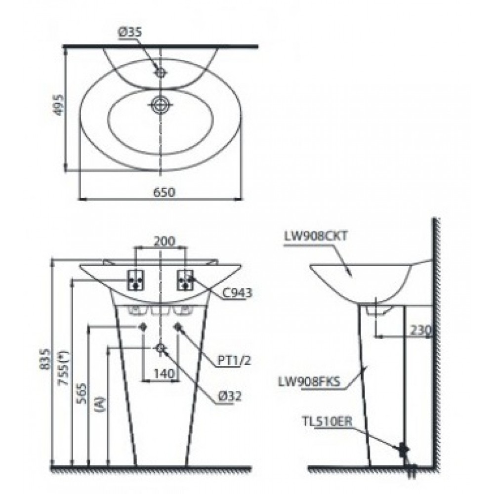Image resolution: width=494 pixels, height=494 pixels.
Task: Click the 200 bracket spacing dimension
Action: (163, 241)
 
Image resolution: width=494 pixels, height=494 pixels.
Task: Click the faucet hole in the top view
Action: (160, 72)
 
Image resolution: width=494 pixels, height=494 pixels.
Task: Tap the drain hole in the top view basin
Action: (160, 104)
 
